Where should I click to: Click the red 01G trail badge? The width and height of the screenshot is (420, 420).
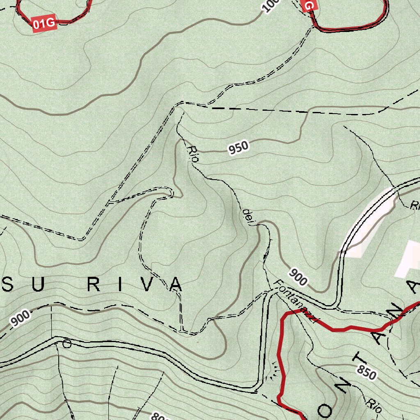click(x=44, y=24)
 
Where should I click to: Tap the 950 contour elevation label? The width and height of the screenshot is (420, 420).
click(x=239, y=148)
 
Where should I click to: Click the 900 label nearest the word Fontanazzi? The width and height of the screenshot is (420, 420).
click(x=298, y=276)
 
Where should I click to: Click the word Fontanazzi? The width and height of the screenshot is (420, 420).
click(x=295, y=302)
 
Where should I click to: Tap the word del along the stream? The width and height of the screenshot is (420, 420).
click(x=248, y=216)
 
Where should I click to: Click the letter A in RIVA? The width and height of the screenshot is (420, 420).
click(x=175, y=284)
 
